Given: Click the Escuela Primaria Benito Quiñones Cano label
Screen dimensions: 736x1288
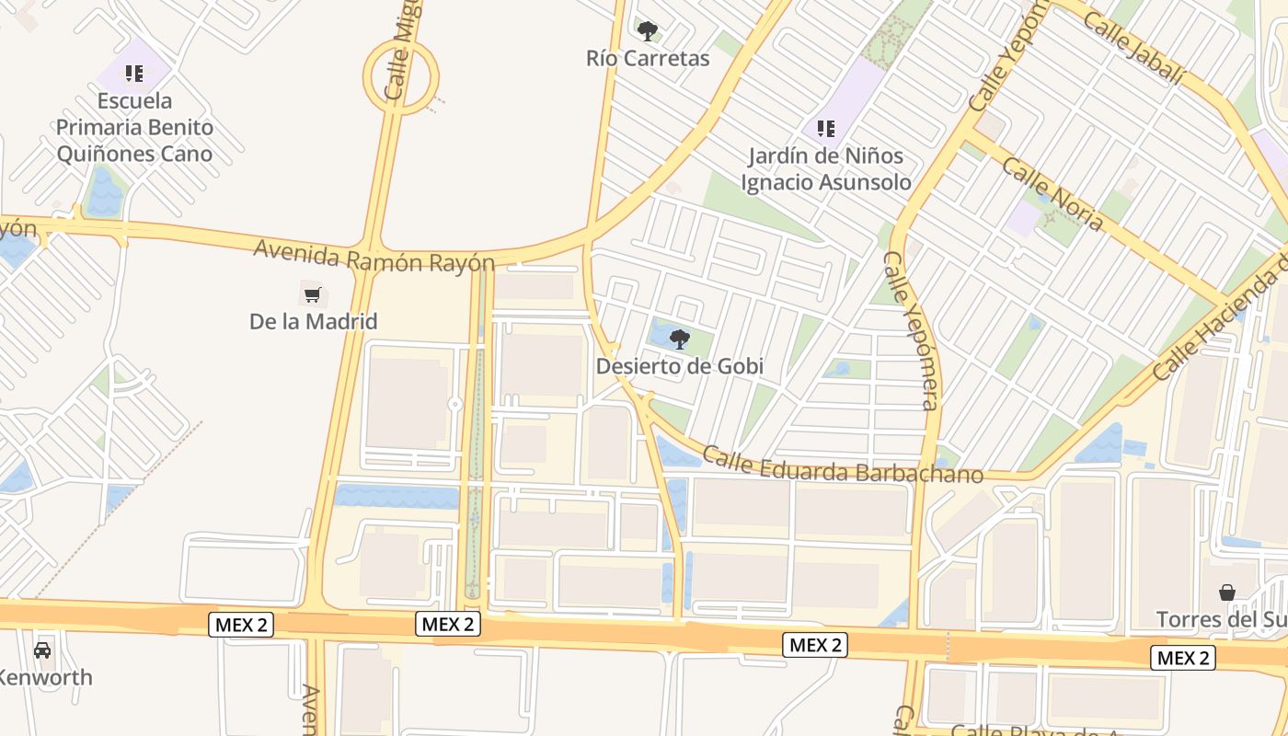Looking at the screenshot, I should click(x=134, y=127).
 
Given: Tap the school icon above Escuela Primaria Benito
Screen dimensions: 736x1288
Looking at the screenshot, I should click(x=134, y=73).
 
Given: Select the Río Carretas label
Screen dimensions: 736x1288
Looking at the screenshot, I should click(x=648, y=59).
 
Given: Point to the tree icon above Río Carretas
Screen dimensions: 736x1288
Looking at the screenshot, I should click(x=648, y=31).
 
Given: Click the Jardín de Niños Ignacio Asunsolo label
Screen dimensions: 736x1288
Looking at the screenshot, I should click(x=826, y=169).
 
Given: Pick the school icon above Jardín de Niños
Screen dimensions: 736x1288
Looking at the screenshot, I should click(x=826, y=129).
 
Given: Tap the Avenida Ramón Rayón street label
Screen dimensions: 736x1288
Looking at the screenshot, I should click(x=374, y=256).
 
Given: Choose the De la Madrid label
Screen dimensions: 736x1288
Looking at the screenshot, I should click(x=313, y=322).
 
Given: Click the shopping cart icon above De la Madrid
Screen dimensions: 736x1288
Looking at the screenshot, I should click(x=313, y=295).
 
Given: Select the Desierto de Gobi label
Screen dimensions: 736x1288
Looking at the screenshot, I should click(x=680, y=366).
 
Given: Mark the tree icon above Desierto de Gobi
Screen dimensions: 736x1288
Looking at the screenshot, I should click(x=680, y=339).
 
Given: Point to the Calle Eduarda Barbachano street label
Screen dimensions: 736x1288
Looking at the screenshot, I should click(x=843, y=465).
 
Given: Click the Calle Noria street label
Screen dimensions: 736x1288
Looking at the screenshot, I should click(x=1052, y=194).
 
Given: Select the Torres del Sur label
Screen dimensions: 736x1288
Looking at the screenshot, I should click(x=1222, y=619).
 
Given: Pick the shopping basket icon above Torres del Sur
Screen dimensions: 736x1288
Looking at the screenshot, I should click(x=1227, y=592).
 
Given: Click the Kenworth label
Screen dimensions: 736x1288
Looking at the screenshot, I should click(x=46, y=678).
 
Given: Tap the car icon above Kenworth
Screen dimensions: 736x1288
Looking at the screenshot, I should click(x=42, y=650).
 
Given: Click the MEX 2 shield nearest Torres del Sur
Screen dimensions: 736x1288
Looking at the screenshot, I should click(x=1183, y=657).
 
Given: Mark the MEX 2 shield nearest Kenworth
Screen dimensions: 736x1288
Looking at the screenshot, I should click(x=241, y=625).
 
